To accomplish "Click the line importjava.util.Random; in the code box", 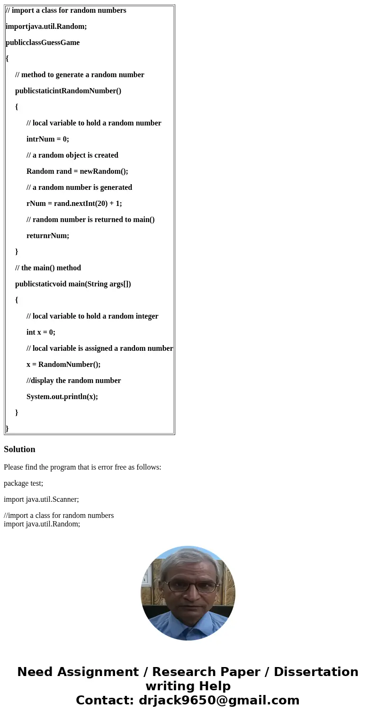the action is [x=46, y=27].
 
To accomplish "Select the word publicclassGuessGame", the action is [x=43, y=43].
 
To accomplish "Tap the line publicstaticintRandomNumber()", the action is [x=68, y=91].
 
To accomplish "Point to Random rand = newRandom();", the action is [x=77, y=171].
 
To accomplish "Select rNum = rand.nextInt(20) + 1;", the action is [x=74, y=204].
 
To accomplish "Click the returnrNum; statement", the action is [x=48, y=236].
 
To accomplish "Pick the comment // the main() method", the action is [x=48, y=268].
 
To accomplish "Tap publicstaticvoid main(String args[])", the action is [x=73, y=284].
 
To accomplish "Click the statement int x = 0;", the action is [x=41, y=332].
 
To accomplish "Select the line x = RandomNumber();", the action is [x=63, y=365].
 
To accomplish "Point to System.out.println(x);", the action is [x=62, y=397].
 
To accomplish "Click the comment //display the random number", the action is [x=73, y=381].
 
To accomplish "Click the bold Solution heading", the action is [x=19, y=449].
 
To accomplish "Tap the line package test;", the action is [x=23, y=483].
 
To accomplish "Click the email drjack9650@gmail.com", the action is [x=219, y=700].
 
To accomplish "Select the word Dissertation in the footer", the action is [x=316, y=672].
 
